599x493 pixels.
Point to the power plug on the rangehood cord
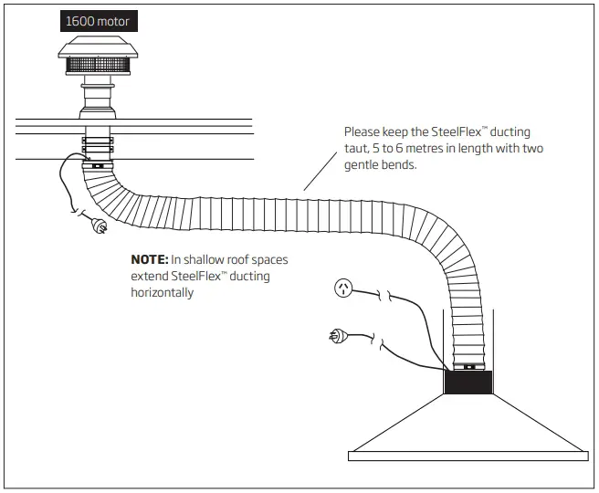[x=335, y=338]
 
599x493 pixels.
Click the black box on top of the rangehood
[x=468, y=382]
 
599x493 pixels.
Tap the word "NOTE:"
[x=150, y=260]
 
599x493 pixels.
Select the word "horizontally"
[x=163, y=293]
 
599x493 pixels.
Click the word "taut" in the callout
[x=357, y=149]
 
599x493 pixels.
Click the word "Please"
[x=362, y=132]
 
